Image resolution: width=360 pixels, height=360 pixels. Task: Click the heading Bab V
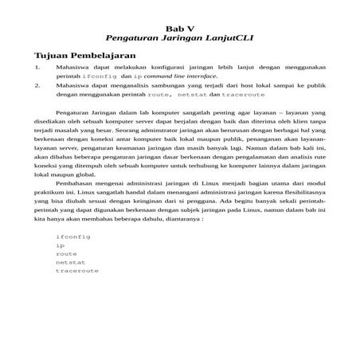(x=179, y=26)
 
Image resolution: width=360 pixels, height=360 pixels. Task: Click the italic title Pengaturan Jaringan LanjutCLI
(x=179, y=37)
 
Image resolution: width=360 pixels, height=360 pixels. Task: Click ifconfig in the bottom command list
(x=72, y=237)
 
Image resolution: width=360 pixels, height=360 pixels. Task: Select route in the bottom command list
(x=66, y=254)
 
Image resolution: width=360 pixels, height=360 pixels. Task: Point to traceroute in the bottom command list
(x=77, y=271)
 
